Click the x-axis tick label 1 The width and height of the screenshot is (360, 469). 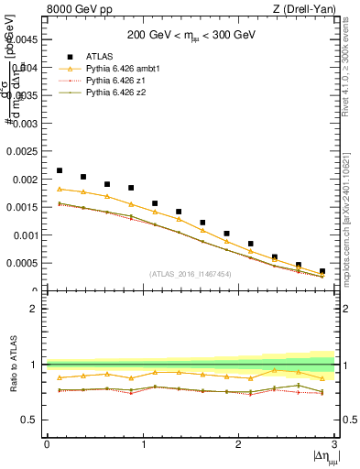(142, 444)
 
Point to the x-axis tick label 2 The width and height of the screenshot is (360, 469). (238, 444)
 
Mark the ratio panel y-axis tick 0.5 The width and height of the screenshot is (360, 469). (34, 420)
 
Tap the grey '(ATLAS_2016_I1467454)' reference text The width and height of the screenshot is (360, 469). (191, 274)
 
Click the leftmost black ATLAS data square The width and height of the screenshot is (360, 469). (60, 170)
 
